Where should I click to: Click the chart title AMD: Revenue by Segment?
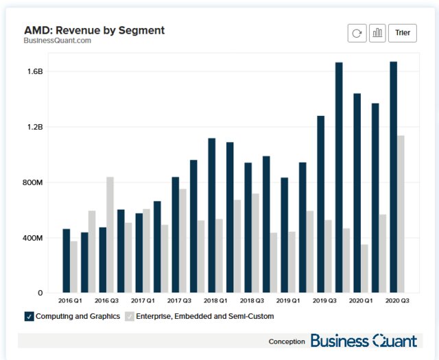[x=94, y=30]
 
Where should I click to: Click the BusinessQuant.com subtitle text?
[x=57, y=40]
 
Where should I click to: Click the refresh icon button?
[x=357, y=33]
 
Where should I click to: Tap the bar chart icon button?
[x=377, y=33]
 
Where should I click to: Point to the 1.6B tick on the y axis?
[x=34, y=72]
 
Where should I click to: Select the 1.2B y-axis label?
[x=34, y=128]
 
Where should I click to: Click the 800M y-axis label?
[x=32, y=183]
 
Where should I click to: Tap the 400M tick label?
[x=32, y=239]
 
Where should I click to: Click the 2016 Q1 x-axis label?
[x=70, y=301]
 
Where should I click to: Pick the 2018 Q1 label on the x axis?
[x=215, y=301]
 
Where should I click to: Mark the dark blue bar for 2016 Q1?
[x=67, y=261]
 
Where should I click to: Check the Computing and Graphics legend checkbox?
[x=29, y=316]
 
